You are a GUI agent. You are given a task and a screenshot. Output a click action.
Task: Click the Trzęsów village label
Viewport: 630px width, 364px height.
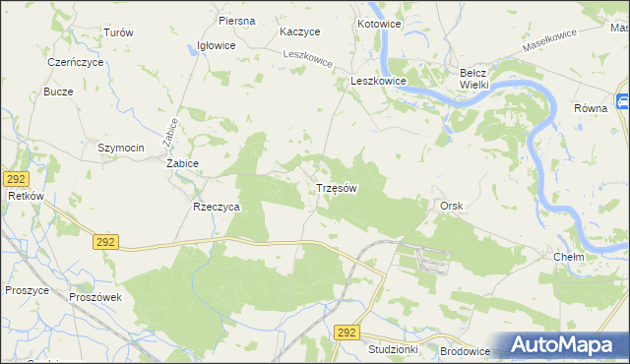[336, 187]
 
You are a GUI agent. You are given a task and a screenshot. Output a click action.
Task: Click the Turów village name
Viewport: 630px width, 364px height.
[118, 32]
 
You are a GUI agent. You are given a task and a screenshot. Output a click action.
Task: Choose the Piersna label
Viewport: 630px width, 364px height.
[237, 21]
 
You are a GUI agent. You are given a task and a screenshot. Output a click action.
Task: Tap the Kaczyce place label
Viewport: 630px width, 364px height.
[300, 31]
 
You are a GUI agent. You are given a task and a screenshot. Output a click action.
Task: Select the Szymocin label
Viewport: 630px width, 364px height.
[121, 148]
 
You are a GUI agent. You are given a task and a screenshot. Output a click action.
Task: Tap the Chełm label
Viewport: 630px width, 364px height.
[569, 257]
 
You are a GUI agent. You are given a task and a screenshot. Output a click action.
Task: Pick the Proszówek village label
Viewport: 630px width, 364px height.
[94, 296]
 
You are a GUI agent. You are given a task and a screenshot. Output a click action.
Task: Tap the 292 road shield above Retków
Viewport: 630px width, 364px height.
[15, 178]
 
